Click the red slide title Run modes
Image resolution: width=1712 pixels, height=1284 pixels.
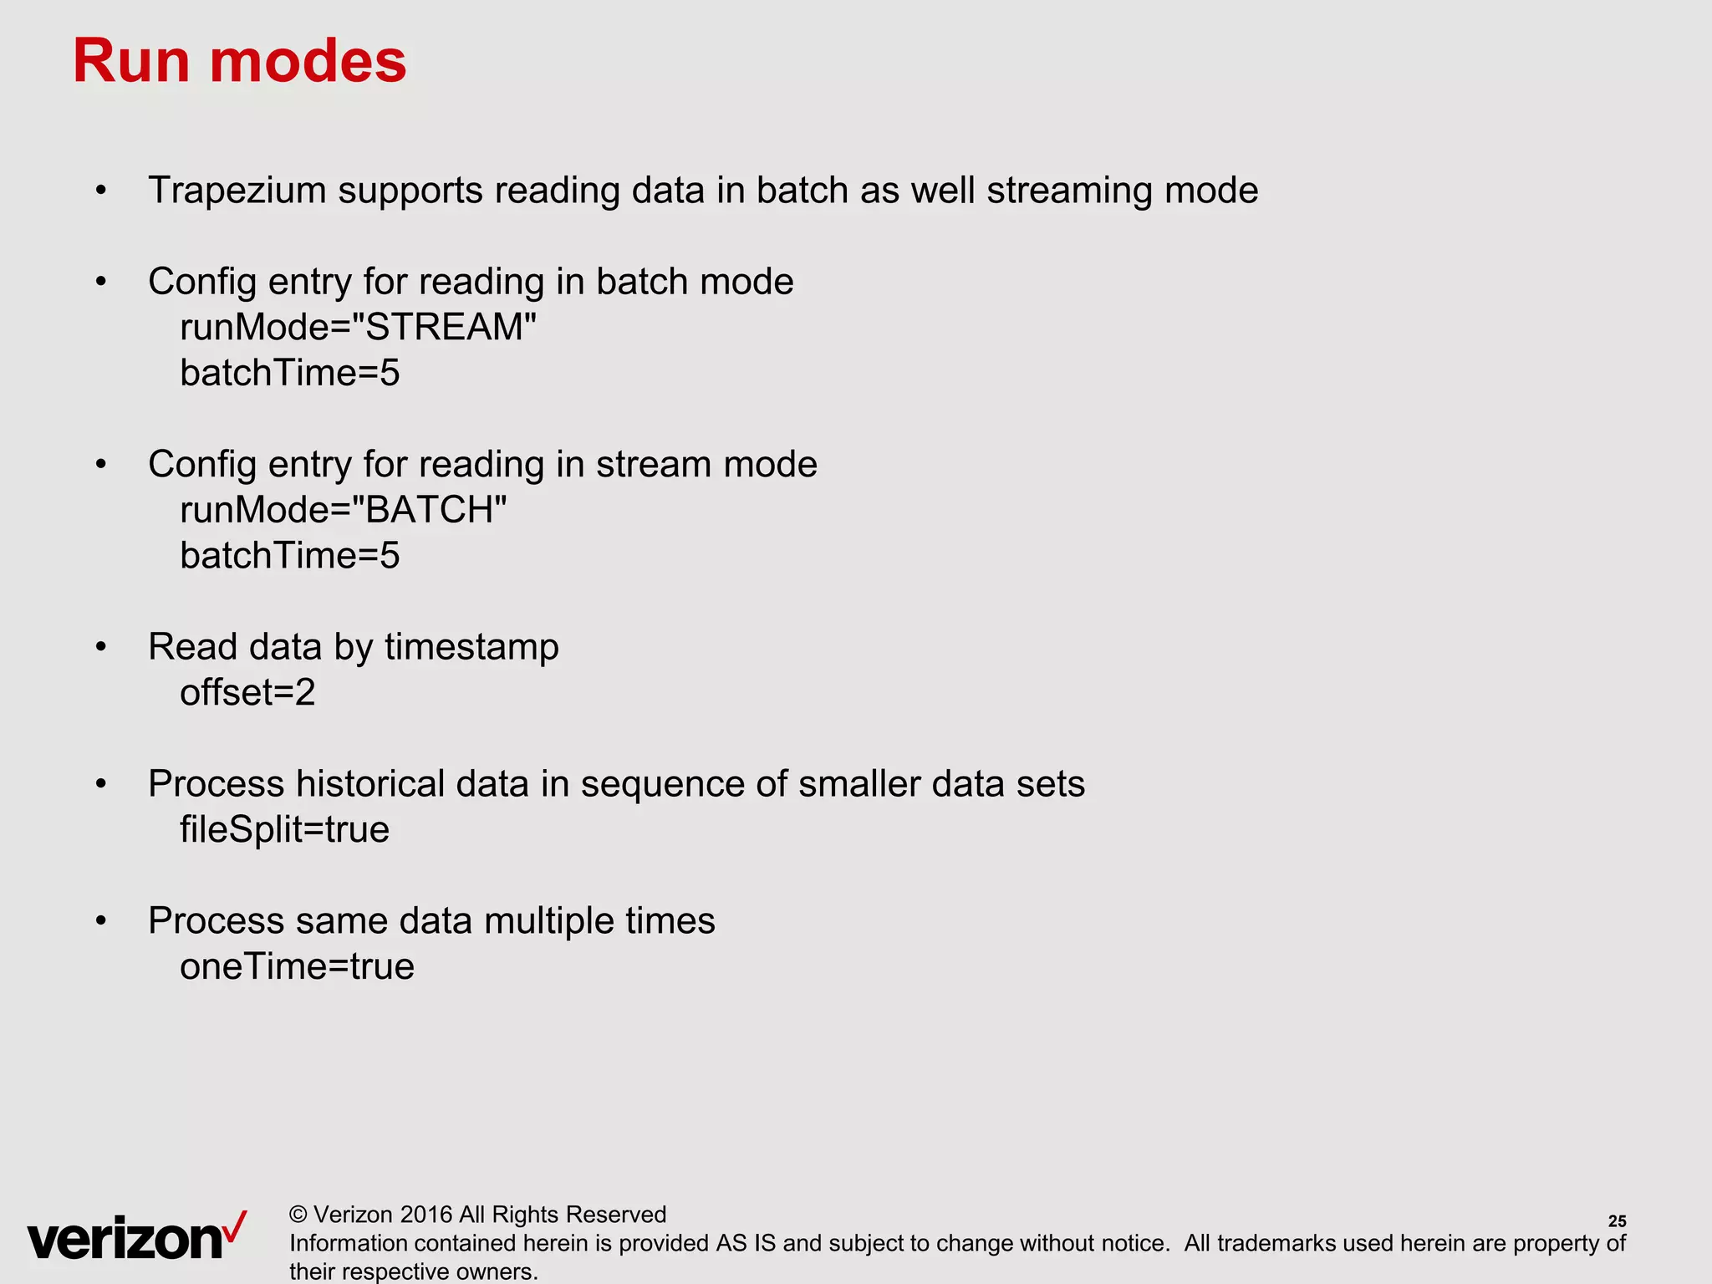click(239, 61)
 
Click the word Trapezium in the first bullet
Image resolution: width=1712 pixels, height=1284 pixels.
click(237, 191)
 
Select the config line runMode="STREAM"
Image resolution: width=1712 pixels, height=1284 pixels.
click(358, 327)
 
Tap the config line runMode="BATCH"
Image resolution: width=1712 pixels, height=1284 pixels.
click(343, 510)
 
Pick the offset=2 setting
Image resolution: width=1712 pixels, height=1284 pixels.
click(247, 693)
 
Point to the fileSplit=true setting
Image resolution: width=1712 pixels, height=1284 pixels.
click(284, 830)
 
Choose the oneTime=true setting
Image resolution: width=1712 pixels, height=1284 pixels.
click(297, 967)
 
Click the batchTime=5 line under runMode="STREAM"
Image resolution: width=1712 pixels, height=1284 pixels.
click(289, 373)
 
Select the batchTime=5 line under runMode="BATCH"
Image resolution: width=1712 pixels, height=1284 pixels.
click(289, 556)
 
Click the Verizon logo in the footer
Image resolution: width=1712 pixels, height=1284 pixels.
click(125, 1238)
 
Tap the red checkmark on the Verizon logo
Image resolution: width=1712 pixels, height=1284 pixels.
click(237, 1226)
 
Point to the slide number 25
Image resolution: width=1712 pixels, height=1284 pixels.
click(1617, 1221)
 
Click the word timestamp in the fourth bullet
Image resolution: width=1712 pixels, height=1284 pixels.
click(471, 648)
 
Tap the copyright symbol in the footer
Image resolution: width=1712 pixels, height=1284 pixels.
click(298, 1215)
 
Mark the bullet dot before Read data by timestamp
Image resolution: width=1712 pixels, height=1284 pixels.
click(101, 647)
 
